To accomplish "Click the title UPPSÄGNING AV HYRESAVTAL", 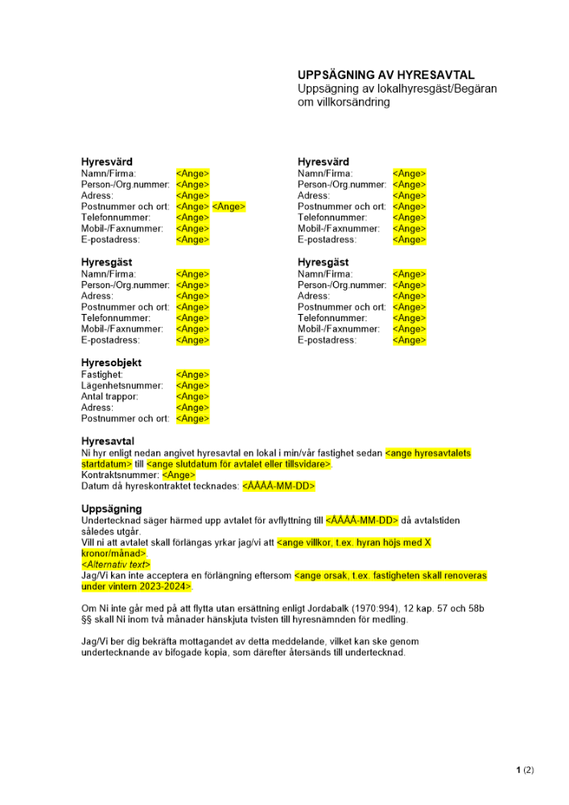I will pos(386,75).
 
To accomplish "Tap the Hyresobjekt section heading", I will pos(111,363).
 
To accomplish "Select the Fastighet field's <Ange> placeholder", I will pos(192,374).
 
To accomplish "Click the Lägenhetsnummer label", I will pos(122,386).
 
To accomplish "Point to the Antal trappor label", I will pos(109,396).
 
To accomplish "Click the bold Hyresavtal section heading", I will pos(108,441).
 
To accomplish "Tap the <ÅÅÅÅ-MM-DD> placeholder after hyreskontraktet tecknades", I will pos(278,486).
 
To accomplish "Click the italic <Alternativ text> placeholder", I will pos(116,564).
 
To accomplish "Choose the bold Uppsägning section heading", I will pos(111,509).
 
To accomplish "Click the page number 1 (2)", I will pos(525,770).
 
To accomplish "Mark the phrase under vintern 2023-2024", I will pos(137,586).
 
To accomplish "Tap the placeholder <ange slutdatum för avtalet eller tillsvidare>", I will pos(239,464).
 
